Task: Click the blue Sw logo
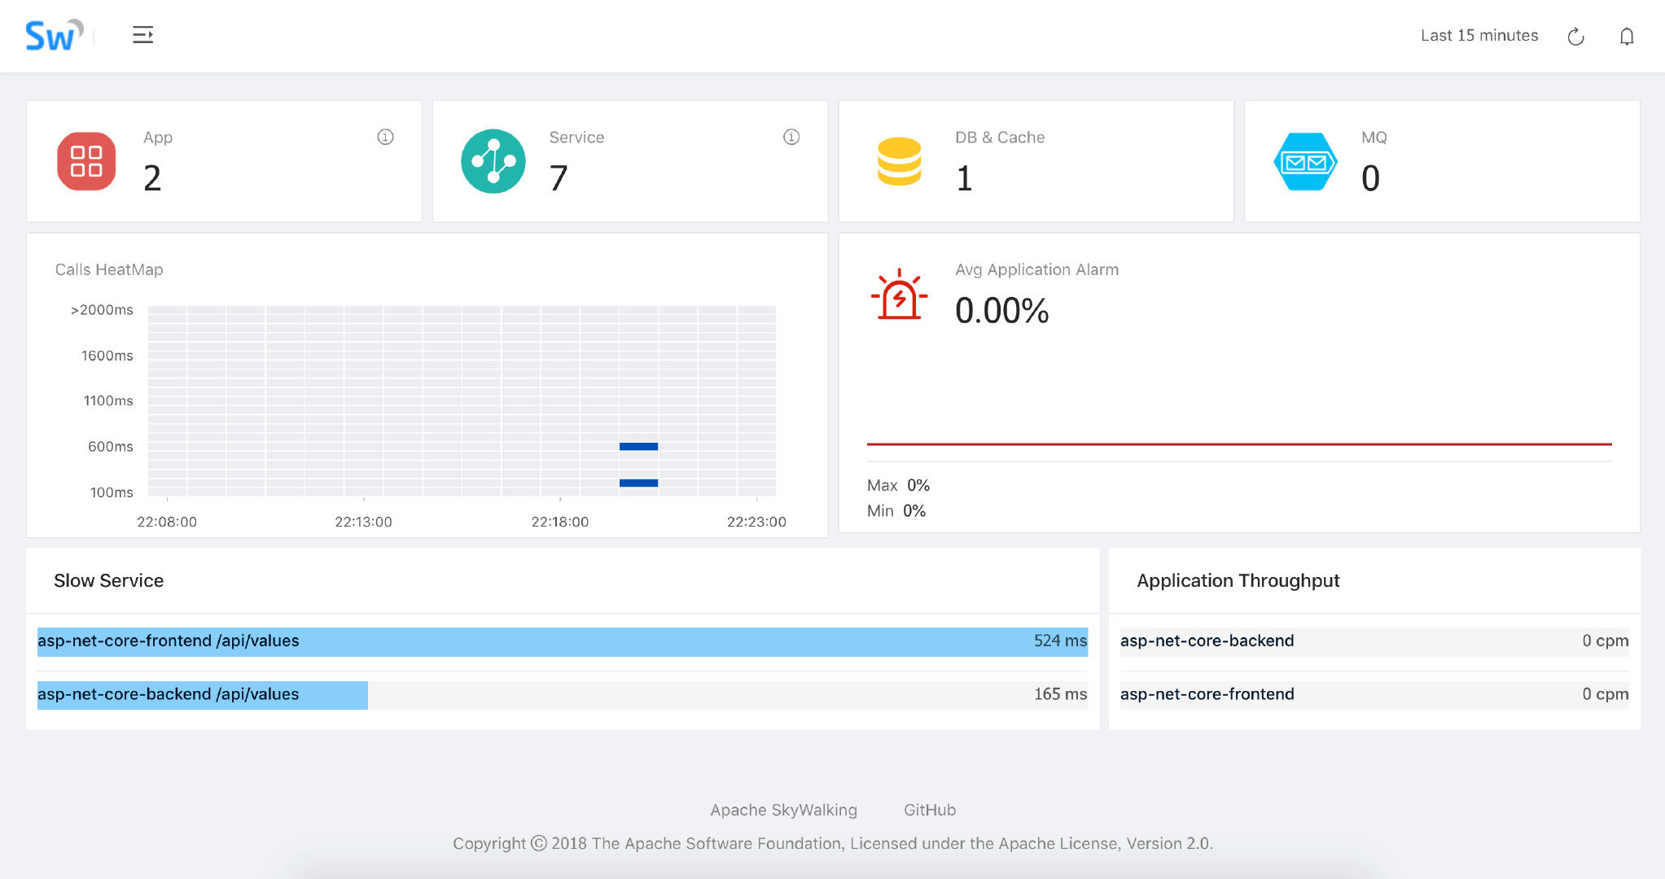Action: (x=53, y=36)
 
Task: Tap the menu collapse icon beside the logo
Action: (x=142, y=35)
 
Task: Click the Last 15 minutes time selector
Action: (x=1479, y=36)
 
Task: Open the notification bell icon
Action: (x=1626, y=37)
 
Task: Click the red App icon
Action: (x=86, y=161)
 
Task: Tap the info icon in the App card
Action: (x=385, y=137)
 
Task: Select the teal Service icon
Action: (x=493, y=161)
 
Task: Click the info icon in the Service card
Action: (x=791, y=137)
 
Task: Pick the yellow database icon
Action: (x=899, y=161)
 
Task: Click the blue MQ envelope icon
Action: (x=1304, y=162)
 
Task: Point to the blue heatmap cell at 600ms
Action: (x=638, y=446)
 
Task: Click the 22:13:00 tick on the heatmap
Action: (x=363, y=522)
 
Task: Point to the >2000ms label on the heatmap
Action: (x=102, y=310)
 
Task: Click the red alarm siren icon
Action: (x=899, y=295)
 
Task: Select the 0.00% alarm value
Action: (x=1001, y=311)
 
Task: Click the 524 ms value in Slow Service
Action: (x=1059, y=641)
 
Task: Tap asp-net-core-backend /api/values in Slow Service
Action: (x=169, y=694)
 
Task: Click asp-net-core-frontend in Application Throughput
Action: (x=1207, y=694)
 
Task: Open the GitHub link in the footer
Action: (x=929, y=810)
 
